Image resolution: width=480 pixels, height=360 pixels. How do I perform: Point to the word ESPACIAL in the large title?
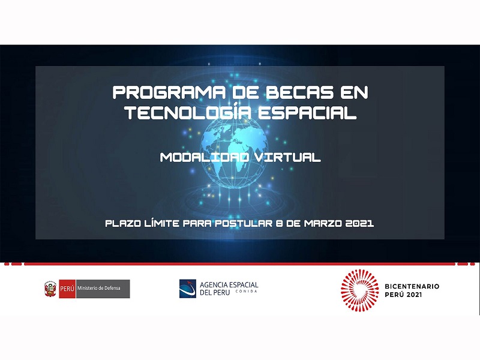point(307,113)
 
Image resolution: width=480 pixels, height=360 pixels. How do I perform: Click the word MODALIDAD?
point(205,157)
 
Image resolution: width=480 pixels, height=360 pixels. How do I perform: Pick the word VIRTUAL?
point(287,157)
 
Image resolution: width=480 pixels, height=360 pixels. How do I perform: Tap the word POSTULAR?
point(244,223)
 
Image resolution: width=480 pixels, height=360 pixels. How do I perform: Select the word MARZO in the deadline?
point(323,223)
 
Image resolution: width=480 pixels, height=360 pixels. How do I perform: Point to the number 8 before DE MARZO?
point(279,223)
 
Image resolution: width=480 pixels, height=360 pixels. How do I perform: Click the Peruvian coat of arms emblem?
point(50,289)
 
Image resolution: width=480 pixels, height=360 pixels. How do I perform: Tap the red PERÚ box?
point(67,289)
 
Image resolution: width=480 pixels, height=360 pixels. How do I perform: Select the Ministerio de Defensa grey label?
point(103,289)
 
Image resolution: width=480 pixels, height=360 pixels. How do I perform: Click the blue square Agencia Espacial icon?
point(188,289)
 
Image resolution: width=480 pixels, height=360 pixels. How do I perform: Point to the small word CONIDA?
point(247,292)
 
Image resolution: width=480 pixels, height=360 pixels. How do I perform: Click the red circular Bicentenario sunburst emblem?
point(359,290)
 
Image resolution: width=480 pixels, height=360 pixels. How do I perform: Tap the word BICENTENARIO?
point(412,287)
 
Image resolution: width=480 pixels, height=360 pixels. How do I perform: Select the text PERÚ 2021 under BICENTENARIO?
point(403,295)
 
